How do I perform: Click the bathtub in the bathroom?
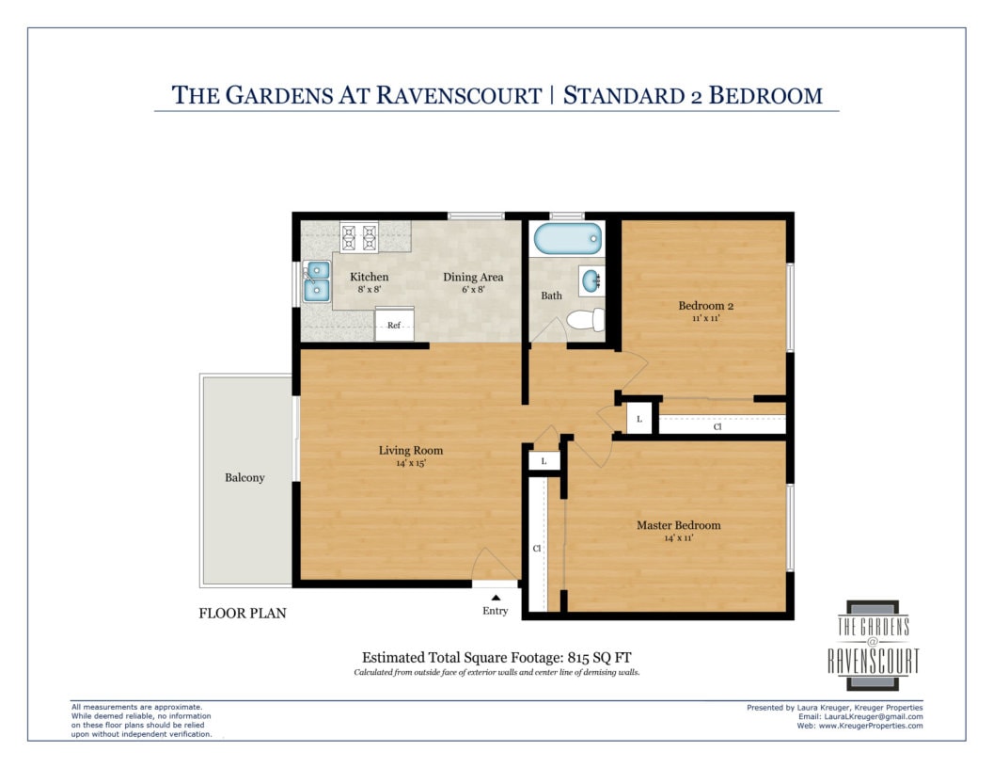point(567,238)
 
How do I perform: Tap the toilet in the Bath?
point(586,319)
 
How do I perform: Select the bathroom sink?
point(591,280)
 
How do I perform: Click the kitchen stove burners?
point(359,237)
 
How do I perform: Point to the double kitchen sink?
point(317,281)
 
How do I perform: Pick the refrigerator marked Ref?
point(395,324)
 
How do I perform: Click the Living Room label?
point(411,451)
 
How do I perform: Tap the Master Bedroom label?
point(678,525)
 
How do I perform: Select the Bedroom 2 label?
point(705,306)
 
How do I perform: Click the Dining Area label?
point(473,277)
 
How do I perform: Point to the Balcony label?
point(244,478)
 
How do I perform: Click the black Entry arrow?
point(496,598)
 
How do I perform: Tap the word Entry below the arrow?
point(496,611)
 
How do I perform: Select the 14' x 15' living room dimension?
point(411,463)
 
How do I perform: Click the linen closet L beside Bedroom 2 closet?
point(639,419)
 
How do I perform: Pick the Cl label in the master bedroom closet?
point(537,548)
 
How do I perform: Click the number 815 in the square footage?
point(579,658)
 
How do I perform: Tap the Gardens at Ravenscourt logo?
point(873,645)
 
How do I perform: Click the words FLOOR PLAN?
point(243,614)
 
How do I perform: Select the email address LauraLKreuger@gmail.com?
point(868,716)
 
